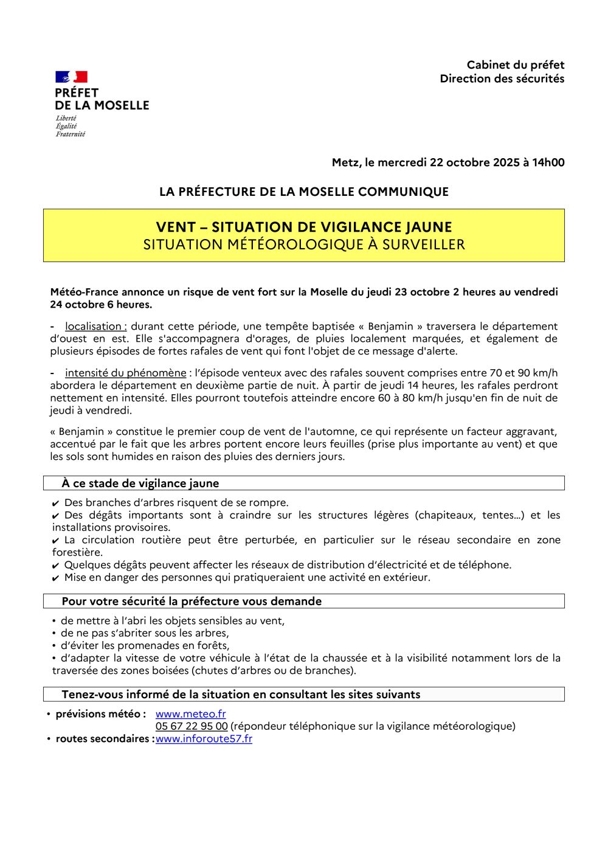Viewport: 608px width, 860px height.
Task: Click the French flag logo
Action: point(72,77)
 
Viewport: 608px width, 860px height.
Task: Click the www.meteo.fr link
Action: point(190,714)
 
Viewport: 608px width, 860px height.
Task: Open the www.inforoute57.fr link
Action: point(204,739)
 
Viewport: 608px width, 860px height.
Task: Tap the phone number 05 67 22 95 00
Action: point(192,726)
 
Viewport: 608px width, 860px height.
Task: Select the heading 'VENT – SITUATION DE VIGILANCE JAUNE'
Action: point(304,227)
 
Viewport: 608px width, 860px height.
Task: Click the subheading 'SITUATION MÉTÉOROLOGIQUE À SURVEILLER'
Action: point(304,244)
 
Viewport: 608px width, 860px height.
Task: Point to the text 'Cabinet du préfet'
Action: point(516,64)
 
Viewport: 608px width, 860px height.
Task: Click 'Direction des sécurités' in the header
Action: point(502,78)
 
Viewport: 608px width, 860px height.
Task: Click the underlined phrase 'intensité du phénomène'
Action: point(125,373)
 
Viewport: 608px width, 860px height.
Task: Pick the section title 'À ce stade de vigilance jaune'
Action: point(140,484)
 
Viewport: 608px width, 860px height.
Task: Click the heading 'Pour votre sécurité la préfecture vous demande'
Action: point(192,602)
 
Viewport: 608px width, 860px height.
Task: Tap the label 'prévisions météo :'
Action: point(100,714)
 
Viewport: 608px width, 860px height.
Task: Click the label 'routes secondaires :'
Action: point(105,739)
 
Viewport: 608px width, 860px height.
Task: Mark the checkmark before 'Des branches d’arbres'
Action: point(56,504)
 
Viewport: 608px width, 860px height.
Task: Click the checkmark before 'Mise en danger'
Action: point(56,578)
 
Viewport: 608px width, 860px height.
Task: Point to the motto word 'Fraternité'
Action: point(71,134)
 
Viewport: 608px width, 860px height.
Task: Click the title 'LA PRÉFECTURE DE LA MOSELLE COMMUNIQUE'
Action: point(304,192)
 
